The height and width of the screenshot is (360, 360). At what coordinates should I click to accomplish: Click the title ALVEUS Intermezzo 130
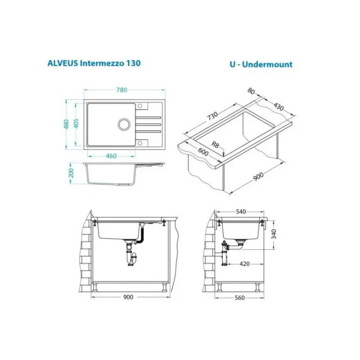point(94,63)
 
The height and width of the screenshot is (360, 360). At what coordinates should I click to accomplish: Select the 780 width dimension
point(121,90)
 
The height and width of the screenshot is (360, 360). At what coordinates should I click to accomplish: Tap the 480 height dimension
point(67,124)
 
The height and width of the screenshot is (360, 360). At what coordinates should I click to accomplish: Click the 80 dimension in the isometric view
point(252,91)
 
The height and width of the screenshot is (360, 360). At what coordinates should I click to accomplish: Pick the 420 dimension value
point(244,264)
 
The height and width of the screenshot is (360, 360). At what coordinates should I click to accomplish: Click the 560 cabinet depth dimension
point(240,298)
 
